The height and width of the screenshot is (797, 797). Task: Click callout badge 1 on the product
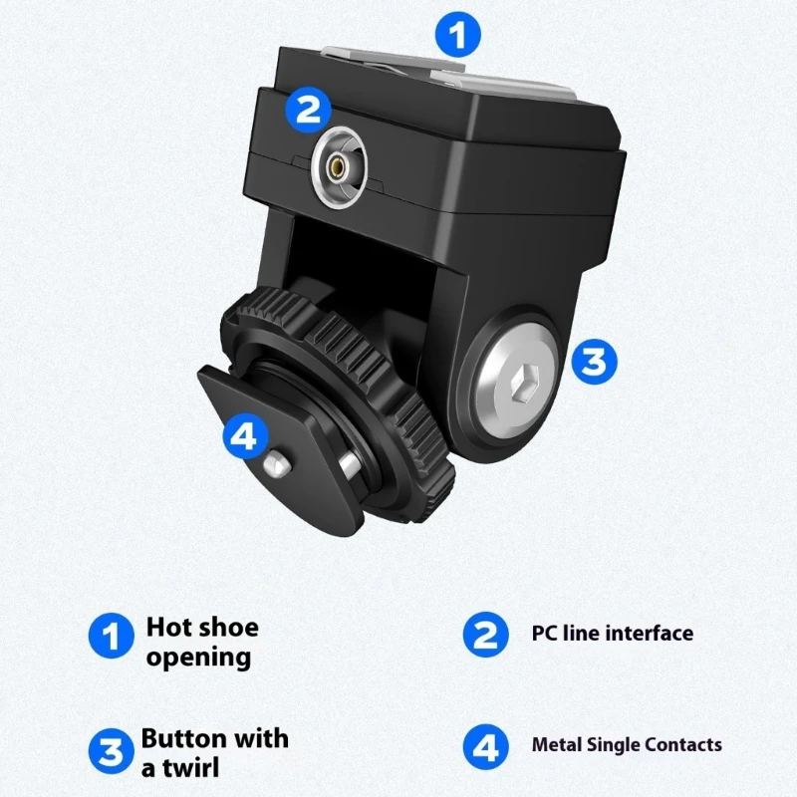point(457,36)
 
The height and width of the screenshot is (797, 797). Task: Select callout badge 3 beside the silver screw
point(594,361)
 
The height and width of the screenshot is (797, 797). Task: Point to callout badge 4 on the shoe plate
point(246,436)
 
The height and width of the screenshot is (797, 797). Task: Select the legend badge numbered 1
point(112,636)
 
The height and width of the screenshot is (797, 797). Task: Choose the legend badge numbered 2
point(485,635)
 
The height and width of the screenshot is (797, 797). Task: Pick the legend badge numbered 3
point(111,751)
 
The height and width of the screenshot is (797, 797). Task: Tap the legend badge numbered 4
point(485,745)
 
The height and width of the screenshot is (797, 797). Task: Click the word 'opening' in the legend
point(198,658)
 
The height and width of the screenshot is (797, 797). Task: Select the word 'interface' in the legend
point(651,634)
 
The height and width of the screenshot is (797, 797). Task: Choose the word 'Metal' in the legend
point(556,744)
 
